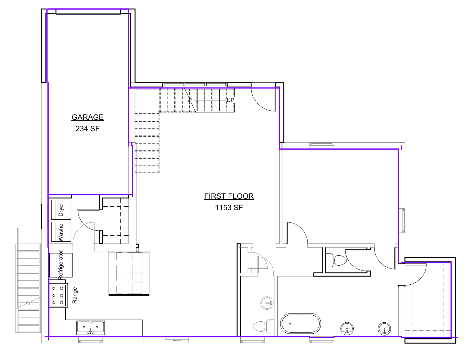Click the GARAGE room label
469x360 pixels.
(88, 117)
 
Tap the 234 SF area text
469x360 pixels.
(87, 129)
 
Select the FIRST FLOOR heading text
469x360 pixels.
(229, 196)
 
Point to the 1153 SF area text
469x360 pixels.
(229, 208)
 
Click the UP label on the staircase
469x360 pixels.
(230, 100)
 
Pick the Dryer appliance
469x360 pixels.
(61, 209)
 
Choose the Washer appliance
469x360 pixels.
(61, 232)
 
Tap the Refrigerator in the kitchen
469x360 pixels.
(61, 265)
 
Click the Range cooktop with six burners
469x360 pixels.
(59, 295)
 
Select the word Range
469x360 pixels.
(75, 295)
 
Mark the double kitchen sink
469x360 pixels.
(91, 328)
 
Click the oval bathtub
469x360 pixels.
(300, 323)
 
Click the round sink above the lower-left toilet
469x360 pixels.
(267, 303)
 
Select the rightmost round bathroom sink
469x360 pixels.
(385, 329)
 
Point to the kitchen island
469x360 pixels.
(129, 273)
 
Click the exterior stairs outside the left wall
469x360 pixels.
(28, 288)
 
